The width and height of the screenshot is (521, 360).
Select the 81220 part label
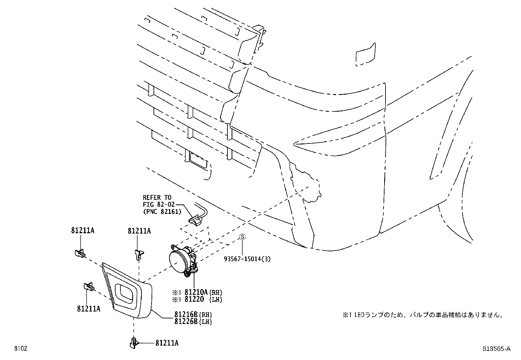coord(194,299)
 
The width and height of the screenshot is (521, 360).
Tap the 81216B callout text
coord(186,314)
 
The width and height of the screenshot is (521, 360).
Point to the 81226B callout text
coord(186,322)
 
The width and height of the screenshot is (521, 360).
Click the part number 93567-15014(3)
coord(247,259)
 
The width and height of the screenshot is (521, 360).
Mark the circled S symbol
coord(243,237)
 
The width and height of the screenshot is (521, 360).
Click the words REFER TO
coord(157,198)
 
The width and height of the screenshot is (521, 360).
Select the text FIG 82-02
coord(159,205)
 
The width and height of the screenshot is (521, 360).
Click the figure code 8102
coord(21,349)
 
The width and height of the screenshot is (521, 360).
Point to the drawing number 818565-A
coord(496,349)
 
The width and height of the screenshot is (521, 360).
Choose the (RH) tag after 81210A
coord(216,293)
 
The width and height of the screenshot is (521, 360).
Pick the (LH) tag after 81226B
coord(205,322)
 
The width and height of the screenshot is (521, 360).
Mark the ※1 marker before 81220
coord(177,299)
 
